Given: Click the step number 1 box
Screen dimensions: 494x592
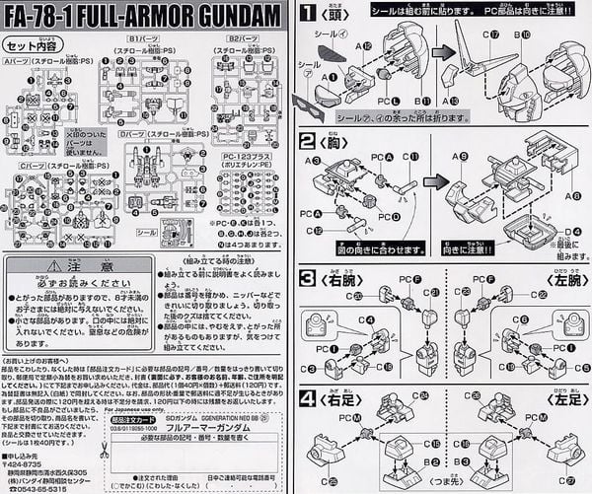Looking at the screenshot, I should [309, 15].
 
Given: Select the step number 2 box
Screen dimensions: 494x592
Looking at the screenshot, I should [309, 142].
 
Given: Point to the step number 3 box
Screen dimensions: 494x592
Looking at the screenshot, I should [309, 279].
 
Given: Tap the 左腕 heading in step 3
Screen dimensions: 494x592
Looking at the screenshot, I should [557, 281].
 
